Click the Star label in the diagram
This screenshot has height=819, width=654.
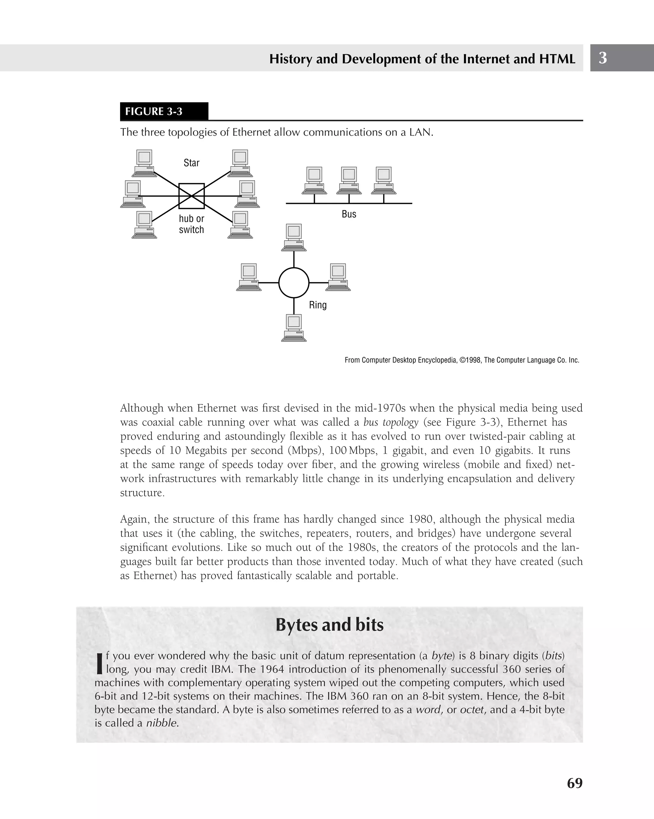[x=192, y=163]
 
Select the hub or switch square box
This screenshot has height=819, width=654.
[x=192, y=196]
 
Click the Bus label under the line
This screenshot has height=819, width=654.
[x=349, y=214]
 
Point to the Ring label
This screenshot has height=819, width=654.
[x=318, y=305]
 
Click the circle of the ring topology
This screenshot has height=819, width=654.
[x=294, y=282]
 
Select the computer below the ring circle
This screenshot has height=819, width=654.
[x=294, y=328]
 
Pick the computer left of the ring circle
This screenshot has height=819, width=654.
[x=248, y=277]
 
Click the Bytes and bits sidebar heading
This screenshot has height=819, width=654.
[x=330, y=625]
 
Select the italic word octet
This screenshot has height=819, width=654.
[x=473, y=710]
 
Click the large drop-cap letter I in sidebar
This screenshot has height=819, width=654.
[x=100, y=663]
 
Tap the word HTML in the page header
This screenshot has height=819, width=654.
[x=557, y=59]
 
